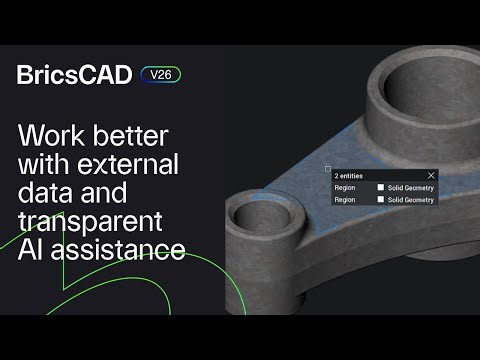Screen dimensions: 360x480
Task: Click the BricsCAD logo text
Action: pyautogui.click(x=74, y=75)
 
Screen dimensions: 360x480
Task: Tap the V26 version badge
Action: pyautogui.click(x=160, y=74)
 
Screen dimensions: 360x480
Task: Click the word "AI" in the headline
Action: pyautogui.click(x=32, y=249)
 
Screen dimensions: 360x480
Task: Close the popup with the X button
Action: pyautogui.click(x=431, y=175)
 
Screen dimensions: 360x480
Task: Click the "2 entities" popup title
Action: pyautogui.click(x=350, y=175)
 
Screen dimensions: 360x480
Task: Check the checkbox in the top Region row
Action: pyautogui.click(x=381, y=187)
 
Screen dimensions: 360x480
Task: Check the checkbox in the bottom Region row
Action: pyautogui.click(x=381, y=199)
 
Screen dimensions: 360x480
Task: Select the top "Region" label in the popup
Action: pyautogui.click(x=345, y=187)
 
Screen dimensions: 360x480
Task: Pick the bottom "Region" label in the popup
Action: pyautogui.click(x=345, y=199)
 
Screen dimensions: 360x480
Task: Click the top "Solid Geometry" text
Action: pyautogui.click(x=411, y=187)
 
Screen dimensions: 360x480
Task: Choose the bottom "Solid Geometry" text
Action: pyautogui.click(x=411, y=199)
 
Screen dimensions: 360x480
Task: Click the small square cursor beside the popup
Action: pyautogui.click(x=327, y=169)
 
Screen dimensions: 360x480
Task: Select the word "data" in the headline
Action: pyautogui.click(x=44, y=193)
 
